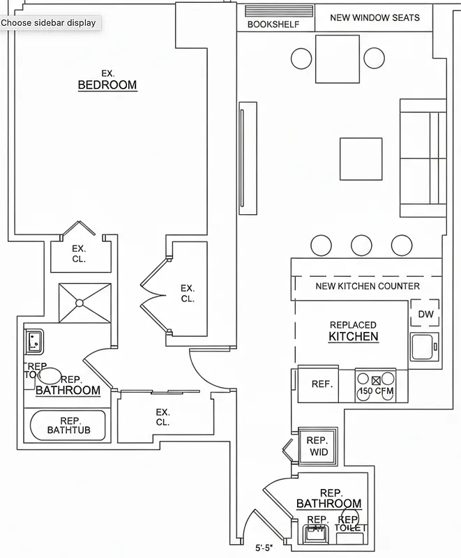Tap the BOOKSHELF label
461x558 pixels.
273,24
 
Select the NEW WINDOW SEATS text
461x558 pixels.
375,17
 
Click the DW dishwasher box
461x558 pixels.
425,315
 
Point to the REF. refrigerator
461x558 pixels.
321,384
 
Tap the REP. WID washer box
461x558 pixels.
318,446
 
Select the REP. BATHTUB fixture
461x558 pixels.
68,425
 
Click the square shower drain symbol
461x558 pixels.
80,303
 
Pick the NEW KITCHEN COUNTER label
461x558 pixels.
368,286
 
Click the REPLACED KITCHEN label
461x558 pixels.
354,331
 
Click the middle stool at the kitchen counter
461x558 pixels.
361,245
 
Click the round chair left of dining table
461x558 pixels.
301,57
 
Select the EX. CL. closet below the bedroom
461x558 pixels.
78,254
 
